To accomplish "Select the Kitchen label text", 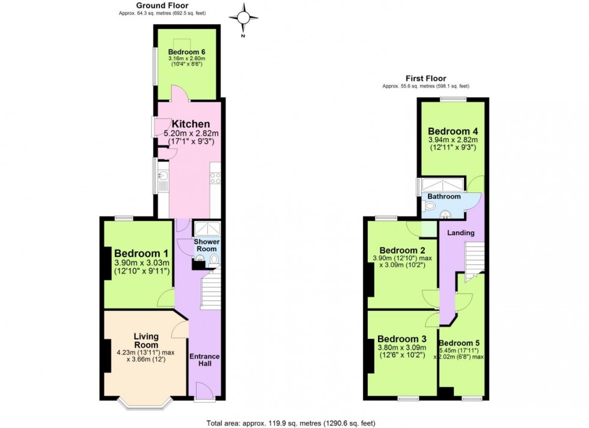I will (x=191, y=124).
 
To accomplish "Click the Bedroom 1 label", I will (x=142, y=253).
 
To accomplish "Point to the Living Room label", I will (x=146, y=341).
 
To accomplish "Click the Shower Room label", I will (x=207, y=245).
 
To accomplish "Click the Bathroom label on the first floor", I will (x=444, y=197).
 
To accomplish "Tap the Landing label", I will (x=461, y=233).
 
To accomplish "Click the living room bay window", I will (x=145, y=403).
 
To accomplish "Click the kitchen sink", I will (x=163, y=177).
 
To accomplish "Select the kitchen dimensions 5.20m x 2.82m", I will (x=191, y=134).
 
